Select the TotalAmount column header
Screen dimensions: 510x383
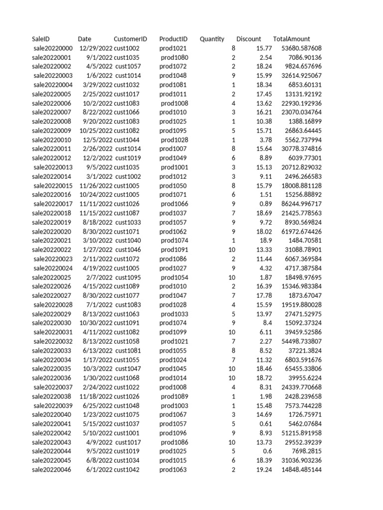coord(292,39)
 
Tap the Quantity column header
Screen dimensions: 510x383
coord(212,39)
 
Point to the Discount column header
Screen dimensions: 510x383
coord(249,39)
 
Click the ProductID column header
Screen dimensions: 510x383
coord(174,39)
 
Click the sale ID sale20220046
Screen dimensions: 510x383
coord(52,470)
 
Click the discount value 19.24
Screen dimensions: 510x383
coord(264,470)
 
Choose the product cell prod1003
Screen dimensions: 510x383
coord(175,405)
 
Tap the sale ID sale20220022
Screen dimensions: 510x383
coord(52,250)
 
